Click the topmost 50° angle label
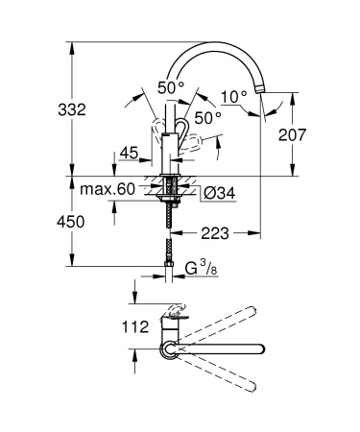coord(169,87)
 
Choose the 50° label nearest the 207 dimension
coord(207,116)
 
